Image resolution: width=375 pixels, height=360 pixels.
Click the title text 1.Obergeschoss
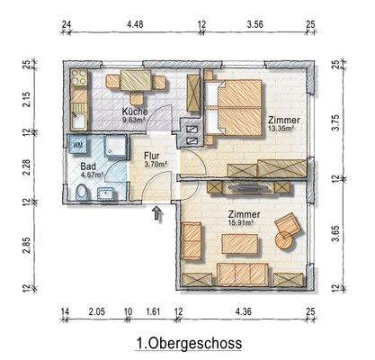(x=187, y=343)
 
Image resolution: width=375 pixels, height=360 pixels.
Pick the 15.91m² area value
(x=245, y=224)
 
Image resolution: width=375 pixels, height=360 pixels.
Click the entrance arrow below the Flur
(x=159, y=213)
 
